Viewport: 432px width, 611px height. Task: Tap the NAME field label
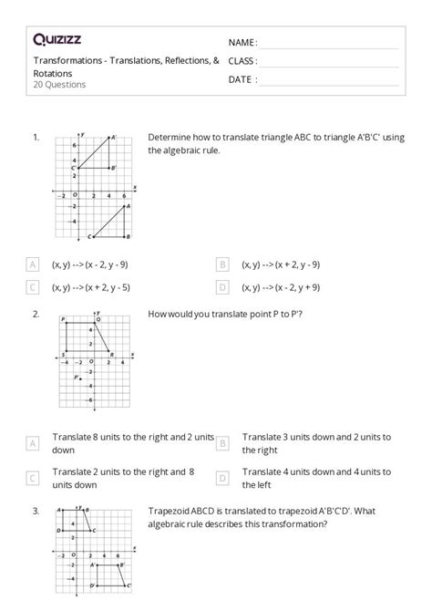(242, 43)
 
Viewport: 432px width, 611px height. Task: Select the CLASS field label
(242, 61)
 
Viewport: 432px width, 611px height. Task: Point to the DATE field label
(242, 79)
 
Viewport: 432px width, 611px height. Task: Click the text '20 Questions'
(59, 85)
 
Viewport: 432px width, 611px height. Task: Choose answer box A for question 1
(33, 264)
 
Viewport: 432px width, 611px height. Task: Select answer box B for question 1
(222, 264)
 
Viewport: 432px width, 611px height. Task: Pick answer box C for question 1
(33, 286)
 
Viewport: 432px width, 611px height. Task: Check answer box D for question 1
(222, 286)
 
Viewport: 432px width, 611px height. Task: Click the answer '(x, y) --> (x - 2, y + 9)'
(281, 286)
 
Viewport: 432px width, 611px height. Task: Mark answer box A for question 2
(33, 443)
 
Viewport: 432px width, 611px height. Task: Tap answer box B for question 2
(222, 443)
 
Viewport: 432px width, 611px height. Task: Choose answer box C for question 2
(33, 478)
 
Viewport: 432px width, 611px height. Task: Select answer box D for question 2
(222, 478)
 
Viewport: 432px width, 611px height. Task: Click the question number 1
(36, 137)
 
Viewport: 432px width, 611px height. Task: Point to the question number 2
(36, 314)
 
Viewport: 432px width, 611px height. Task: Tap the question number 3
(36, 511)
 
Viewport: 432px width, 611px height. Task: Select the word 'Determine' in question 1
(168, 138)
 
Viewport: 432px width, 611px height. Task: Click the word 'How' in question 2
(157, 315)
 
